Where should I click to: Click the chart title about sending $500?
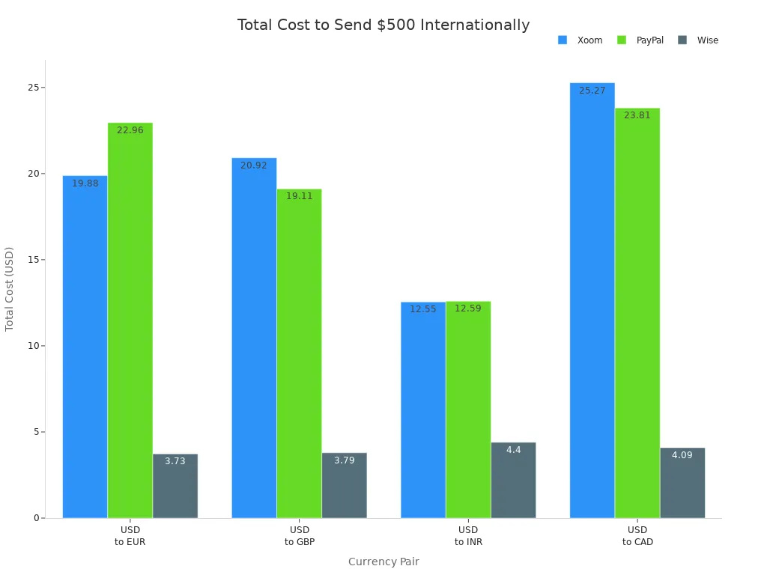(383, 25)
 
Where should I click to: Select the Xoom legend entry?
(580, 40)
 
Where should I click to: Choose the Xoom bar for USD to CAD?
(592, 299)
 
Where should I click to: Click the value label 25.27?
(592, 91)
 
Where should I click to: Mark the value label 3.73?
(175, 461)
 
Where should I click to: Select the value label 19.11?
(299, 196)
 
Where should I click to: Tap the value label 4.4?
(513, 450)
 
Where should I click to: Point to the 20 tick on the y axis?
(34, 174)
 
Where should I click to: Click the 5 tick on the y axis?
(37, 432)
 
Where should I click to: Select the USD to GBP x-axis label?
(299, 536)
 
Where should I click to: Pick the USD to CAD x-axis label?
(637, 536)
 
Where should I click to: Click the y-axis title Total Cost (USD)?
(10, 289)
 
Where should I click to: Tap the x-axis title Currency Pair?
(383, 562)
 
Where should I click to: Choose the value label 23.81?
(637, 115)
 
